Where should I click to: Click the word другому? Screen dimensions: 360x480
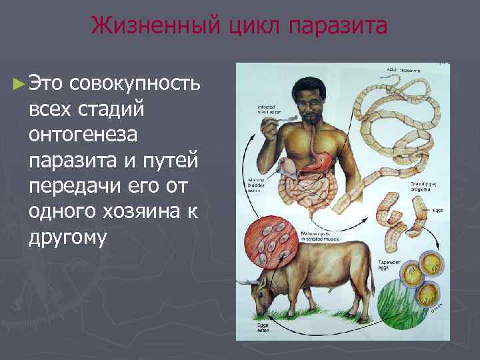tap(67, 238)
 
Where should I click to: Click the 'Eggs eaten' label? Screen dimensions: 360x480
tap(265, 327)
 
